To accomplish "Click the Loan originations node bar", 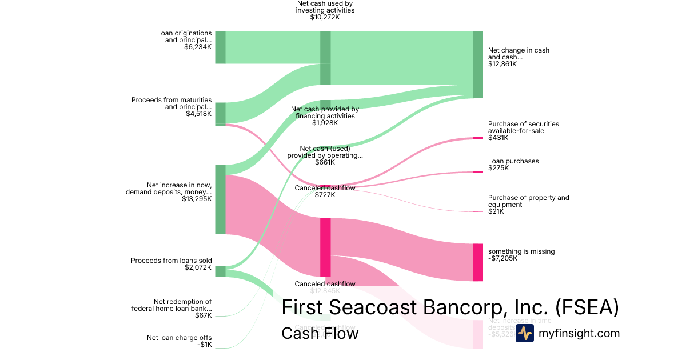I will pos(220,47).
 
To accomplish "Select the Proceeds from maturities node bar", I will pos(220,114).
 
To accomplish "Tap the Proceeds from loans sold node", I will pos(220,271).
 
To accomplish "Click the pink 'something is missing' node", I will pos(478,262).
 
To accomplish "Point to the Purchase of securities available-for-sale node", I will pos(478,138).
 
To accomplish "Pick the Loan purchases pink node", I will pos(478,172).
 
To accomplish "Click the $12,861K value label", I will pos(502,64).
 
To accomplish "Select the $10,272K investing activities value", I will pos(325,18).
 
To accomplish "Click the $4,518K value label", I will pos(198,114).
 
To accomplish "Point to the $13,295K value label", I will pos(197,199).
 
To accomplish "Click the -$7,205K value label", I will pos(502,258).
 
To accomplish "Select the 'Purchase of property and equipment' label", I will pos(528,201).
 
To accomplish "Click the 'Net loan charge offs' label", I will pos(179,338).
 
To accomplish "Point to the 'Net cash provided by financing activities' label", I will pos(325,113).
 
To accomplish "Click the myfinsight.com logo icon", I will pos(524,333).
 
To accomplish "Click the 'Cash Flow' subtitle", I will pos(320,333).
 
